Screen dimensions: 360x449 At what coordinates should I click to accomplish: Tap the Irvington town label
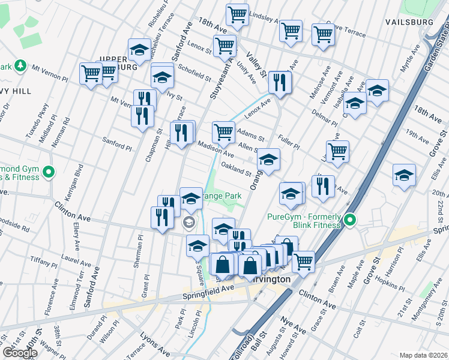(271, 280)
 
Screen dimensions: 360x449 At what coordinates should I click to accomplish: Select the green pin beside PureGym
(349, 220)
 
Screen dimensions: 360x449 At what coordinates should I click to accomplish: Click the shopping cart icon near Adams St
(223, 132)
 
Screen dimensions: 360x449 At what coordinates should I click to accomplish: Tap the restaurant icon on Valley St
(280, 82)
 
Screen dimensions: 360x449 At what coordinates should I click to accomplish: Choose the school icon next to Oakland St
(268, 160)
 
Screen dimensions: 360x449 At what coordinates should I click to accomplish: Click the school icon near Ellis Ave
(404, 175)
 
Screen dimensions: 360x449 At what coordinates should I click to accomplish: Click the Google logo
(19, 352)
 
